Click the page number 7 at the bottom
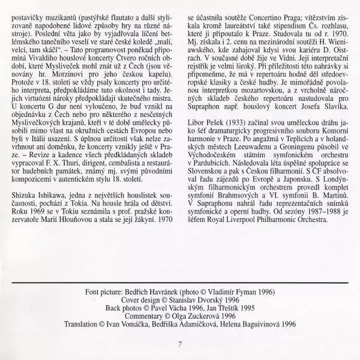[180, 344]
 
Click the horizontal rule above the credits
[180, 281]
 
